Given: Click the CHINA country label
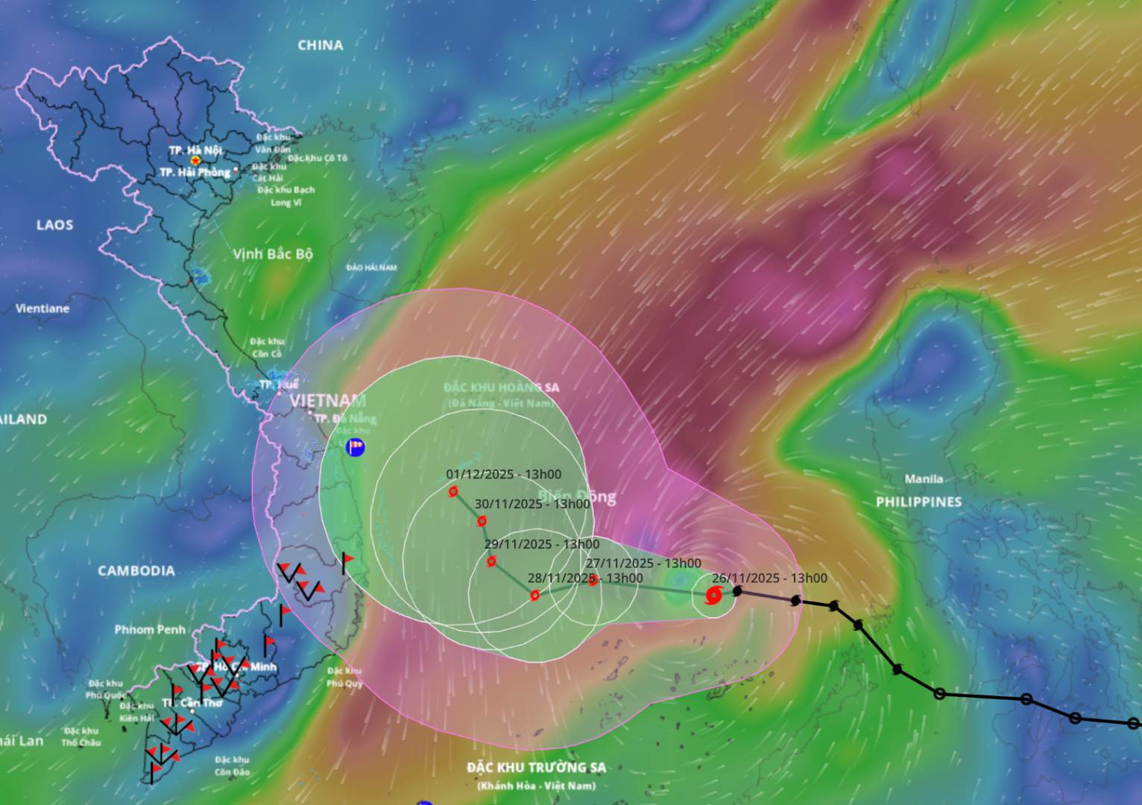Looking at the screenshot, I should coord(321,45).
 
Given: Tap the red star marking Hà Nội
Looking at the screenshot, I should coord(195,160).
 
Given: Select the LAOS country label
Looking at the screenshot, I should coord(55,224).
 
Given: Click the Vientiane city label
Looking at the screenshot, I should coord(42,308).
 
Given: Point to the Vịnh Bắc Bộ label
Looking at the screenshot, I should coord(273,254).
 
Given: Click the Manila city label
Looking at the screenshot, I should coord(924,479).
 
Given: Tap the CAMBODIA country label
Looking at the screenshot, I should coord(136,571).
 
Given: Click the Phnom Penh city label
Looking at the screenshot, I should coord(150,629).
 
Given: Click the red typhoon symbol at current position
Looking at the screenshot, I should coord(713,596).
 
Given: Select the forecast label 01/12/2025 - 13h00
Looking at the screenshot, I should coord(504,474).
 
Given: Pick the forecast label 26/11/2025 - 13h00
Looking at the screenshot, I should coord(769,578).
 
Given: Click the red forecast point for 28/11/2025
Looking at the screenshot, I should coord(534,595).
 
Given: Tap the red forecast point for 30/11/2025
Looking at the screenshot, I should coord(482,521).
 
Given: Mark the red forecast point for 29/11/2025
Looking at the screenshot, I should coord(491,561).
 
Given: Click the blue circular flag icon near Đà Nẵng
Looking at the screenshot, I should coord(356,447).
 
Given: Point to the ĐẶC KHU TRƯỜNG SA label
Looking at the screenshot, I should coord(537,767).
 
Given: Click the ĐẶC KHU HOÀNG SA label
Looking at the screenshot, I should coord(501,388).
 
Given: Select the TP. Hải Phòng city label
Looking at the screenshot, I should coord(195,172).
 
